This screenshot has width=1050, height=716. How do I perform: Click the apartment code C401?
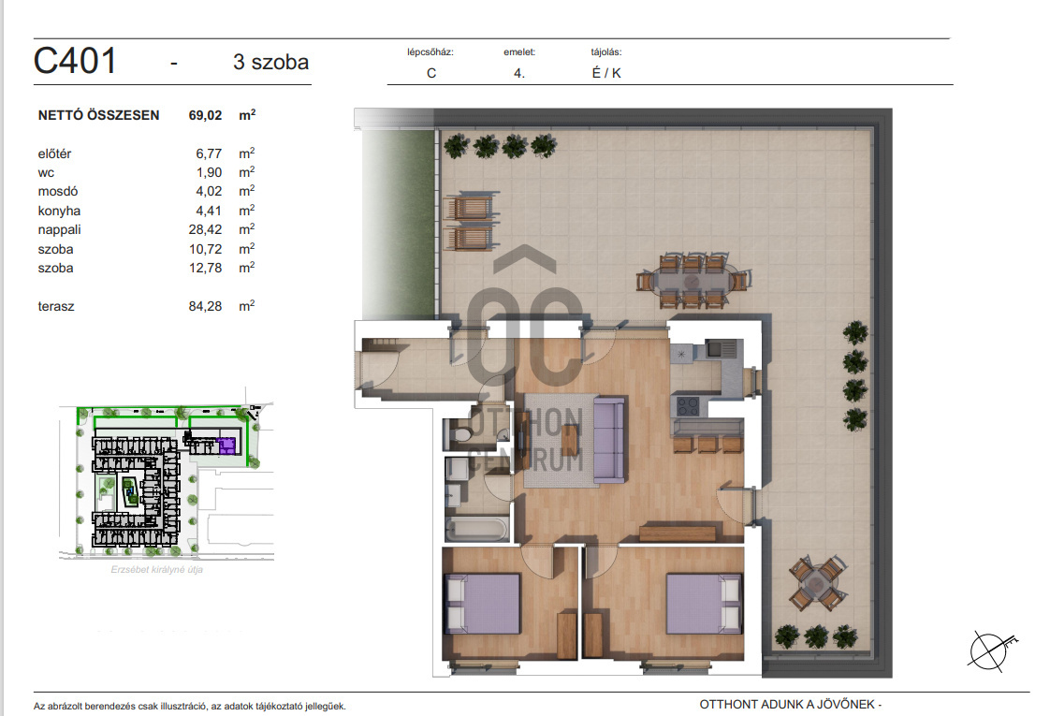75,61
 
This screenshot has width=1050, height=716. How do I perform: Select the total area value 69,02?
205,115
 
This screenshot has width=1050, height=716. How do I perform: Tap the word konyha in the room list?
59,211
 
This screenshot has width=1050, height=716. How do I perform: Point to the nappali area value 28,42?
205,229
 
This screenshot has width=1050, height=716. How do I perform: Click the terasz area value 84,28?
205,306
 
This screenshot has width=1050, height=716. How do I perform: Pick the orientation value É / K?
606,73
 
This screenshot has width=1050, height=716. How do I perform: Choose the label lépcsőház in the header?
430,52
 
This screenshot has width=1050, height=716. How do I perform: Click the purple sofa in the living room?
608,439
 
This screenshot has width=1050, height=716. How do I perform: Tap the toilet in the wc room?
459,434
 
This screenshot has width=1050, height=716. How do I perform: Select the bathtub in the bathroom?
476,529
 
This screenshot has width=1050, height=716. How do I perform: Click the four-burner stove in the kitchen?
687,406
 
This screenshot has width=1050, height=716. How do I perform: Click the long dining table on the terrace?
693,280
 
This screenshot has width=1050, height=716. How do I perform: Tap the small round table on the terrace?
816,583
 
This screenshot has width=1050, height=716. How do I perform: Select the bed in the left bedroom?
482,603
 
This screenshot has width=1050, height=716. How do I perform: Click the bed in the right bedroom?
704,603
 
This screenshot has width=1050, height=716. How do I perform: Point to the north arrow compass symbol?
991,650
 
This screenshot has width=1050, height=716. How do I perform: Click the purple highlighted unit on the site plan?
227,446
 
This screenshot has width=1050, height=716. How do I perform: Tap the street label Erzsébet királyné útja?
156,569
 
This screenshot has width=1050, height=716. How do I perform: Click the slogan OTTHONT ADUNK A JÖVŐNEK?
787,704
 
